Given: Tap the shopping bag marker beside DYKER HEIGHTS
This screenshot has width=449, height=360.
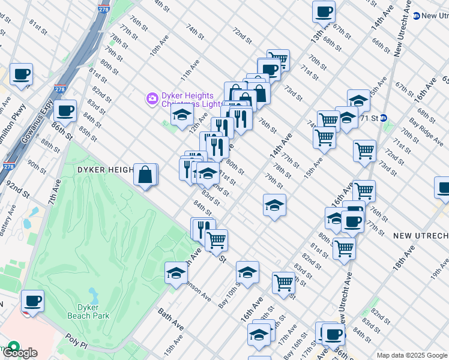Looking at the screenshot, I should (x=145, y=175).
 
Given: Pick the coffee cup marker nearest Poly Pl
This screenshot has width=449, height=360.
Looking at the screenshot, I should (x=32, y=301).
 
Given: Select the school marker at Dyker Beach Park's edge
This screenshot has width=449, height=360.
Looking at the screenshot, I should (x=176, y=272).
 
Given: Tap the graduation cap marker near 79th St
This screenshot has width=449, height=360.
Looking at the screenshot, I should (x=274, y=205).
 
